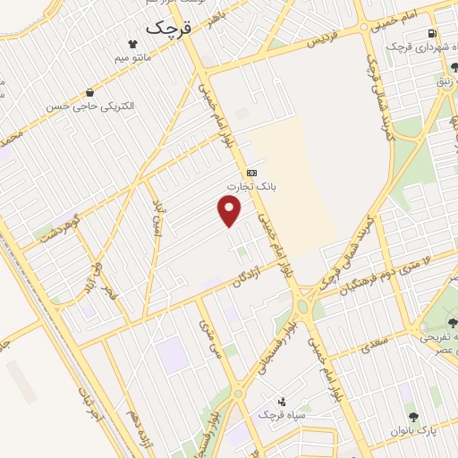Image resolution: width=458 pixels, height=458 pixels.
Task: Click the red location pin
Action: click(230, 210)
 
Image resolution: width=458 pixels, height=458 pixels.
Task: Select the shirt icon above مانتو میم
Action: click(132, 43)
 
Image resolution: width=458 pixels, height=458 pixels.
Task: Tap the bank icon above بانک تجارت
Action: click(251, 173)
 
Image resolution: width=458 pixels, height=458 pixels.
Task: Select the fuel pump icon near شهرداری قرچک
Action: click(432, 34)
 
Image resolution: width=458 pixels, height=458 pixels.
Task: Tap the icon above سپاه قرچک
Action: click(282, 402)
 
